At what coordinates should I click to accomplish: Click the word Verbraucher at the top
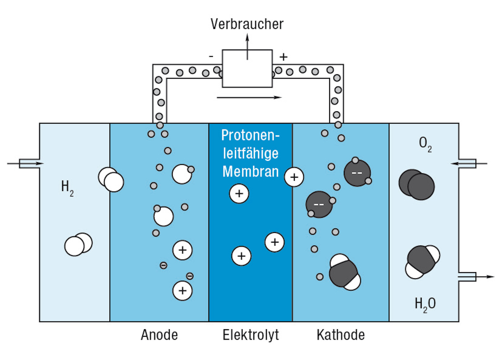(x=247, y=24)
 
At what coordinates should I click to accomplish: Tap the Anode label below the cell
(x=159, y=335)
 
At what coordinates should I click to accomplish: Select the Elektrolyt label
(x=251, y=335)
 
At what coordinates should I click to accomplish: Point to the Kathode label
(x=341, y=335)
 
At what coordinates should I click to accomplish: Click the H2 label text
(x=67, y=187)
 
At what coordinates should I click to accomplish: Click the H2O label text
(x=425, y=304)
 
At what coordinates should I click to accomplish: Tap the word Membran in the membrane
(x=250, y=172)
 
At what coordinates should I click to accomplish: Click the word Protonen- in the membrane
(x=250, y=135)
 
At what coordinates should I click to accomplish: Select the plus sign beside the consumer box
(x=283, y=57)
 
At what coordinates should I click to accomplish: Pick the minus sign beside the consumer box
(x=211, y=56)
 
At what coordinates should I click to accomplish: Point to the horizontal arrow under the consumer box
(x=249, y=98)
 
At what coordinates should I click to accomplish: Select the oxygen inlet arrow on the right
(x=469, y=164)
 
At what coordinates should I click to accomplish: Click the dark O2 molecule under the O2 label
(x=417, y=185)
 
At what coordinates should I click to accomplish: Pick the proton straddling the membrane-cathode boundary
(x=294, y=177)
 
